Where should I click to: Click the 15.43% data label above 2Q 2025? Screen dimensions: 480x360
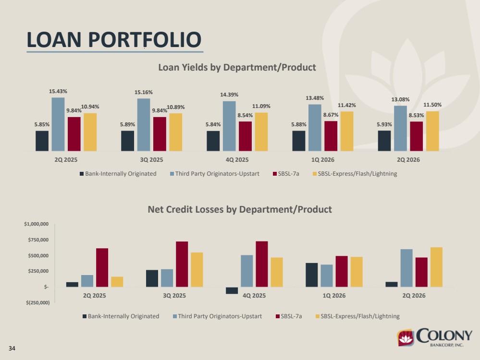tap(58, 91)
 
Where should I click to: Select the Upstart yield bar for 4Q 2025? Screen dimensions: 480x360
tap(229, 126)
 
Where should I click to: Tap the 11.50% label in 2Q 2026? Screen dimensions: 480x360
tap(432, 105)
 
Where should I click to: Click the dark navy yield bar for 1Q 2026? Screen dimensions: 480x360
tap(299, 141)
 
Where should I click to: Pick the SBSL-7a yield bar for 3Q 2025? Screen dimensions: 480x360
tap(160, 134)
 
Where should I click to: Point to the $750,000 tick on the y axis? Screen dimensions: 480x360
tap(38, 240)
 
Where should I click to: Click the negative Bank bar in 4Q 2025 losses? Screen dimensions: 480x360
tap(232, 290)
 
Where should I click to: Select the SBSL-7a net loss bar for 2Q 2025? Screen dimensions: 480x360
tap(102, 268)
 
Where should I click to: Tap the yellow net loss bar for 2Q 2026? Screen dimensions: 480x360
tap(437, 267)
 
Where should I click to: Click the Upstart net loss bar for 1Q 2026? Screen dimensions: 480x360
tap(327, 276)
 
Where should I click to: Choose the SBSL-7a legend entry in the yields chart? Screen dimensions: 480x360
tap(286, 174)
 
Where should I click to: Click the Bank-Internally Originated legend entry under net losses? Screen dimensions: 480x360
tap(121, 316)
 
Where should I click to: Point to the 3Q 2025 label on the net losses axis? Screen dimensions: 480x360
tap(174, 296)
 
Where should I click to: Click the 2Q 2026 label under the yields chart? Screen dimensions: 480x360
tap(408, 160)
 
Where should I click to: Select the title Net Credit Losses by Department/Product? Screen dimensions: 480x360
tap(240, 209)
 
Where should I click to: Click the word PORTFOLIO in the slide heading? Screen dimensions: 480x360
tap(145, 40)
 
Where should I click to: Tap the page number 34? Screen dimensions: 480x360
tap(12, 348)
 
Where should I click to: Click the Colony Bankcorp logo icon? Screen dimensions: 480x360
tap(406, 337)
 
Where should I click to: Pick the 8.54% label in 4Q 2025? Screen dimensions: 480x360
tap(245, 115)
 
